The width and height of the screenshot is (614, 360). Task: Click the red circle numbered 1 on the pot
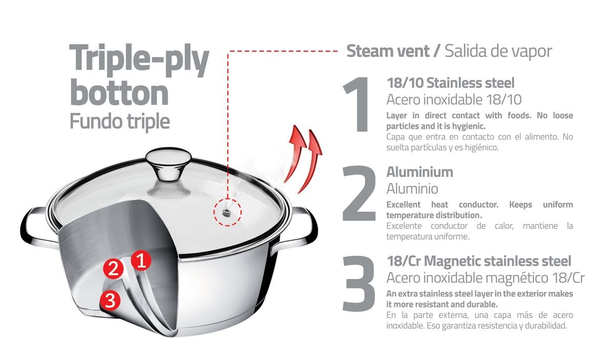point(141,261)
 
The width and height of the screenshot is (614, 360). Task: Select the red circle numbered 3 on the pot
point(110,301)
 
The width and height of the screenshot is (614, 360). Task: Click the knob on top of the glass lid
point(168,167)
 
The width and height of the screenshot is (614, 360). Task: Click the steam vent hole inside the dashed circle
point(227,212)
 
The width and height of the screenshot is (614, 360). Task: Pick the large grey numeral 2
point(359,193)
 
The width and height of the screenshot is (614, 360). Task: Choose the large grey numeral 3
point(359,284)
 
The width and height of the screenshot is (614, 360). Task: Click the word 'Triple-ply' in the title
point(139,60)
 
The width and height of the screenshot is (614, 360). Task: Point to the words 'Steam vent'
point(388,51)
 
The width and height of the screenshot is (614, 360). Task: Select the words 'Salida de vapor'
point(498,52)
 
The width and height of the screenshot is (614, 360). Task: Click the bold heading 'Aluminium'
point(420,172)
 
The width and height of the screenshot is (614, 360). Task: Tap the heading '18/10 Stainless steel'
point(451,83)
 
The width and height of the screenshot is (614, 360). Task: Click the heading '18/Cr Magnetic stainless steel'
point(479,261)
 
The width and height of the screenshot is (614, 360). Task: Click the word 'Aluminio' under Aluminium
point(412,189)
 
